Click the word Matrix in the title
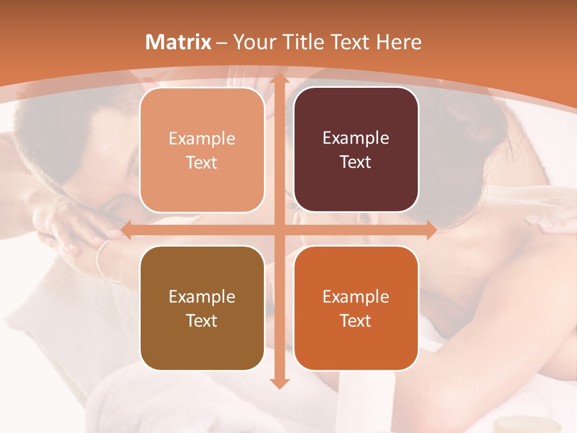179,42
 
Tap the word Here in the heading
399,42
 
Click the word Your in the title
253,42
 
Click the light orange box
202,150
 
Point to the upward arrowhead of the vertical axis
279,78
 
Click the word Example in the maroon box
356,138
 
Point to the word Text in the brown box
202,321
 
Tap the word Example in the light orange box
202,139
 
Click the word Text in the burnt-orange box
356,321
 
